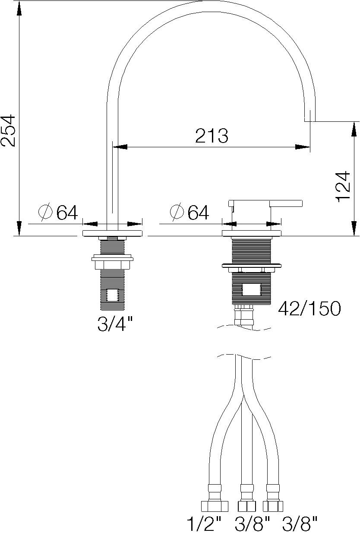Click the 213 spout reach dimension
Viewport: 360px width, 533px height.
(x=212, y=136)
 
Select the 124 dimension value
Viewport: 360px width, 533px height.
(x=342, y=186)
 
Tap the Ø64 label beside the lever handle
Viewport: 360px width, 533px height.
(x=189, y=212)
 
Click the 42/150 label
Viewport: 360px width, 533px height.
(x=309, y=308)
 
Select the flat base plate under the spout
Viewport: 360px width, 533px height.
(x=112, y=233)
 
